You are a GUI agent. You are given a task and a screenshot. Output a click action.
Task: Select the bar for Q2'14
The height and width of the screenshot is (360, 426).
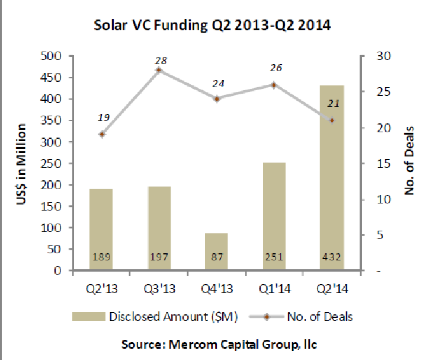click(x=332, y=178)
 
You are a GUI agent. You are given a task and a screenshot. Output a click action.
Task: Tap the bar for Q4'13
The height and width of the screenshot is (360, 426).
click(x=217, y=252)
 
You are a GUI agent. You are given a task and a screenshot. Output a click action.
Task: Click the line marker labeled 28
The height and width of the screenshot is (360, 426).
click(x=159, y=70)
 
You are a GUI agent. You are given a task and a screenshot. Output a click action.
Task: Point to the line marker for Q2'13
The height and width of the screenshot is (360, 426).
click(x=102, y=134)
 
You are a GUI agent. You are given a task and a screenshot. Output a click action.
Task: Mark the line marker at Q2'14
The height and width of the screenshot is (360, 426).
click(x=332, y=120)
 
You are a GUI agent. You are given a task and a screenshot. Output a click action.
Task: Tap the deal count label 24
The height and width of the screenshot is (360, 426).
click(x=218, y=83)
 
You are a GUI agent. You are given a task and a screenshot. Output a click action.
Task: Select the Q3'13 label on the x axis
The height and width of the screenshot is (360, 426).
click(x=159, y=289)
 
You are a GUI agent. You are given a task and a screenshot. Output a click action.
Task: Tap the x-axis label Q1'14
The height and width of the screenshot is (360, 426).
click(x=274, y=289)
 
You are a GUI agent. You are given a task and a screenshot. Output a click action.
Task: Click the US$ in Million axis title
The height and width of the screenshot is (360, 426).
click(x=23, y=164)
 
